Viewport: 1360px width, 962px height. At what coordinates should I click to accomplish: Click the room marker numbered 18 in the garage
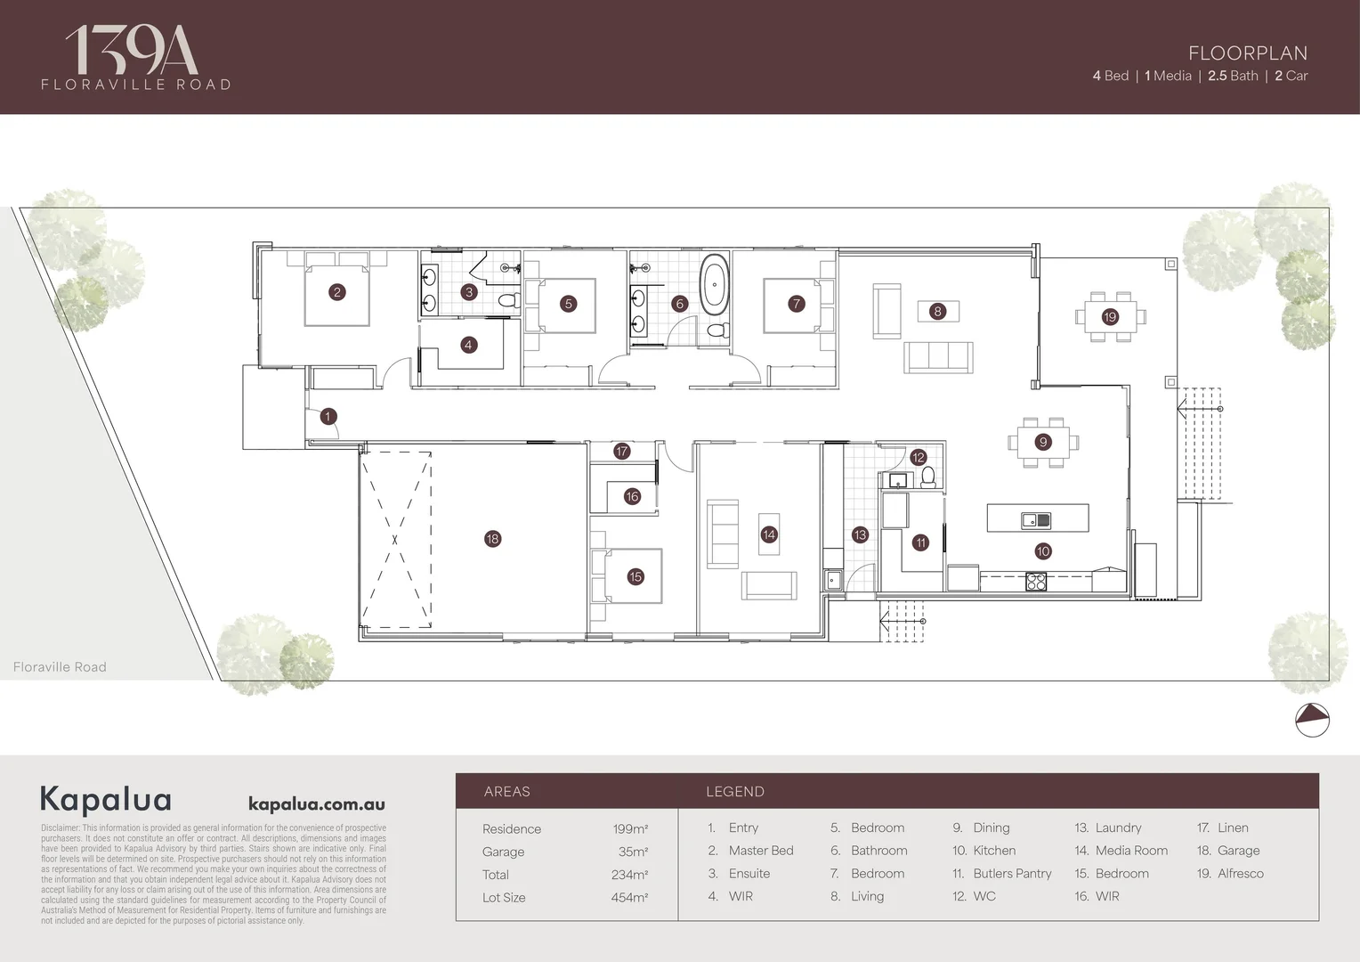tap(492, 539)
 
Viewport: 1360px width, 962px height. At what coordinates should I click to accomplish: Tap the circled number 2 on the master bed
tap(336, 292)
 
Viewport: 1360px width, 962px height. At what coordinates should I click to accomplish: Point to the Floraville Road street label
tap(60, 667)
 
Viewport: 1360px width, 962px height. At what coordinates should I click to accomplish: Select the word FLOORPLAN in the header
tap(1248, 53)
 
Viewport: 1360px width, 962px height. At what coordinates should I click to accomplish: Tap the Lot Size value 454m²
tap(628, 898)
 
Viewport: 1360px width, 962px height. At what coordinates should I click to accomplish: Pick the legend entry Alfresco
tap(1240, 874)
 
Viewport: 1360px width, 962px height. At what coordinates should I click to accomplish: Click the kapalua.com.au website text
tap(316, 803)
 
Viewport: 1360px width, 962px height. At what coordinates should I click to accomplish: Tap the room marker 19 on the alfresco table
tap(1110, 317)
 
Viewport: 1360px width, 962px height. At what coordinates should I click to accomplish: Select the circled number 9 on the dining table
tap(1043, 442)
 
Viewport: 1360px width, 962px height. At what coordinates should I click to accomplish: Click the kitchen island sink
tap(1036, 520)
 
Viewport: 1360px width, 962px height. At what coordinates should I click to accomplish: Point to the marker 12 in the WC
tap(919, 458)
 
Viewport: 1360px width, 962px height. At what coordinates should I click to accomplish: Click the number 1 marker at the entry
tap(328, 416)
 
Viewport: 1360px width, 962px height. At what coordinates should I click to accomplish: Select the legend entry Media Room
tap(1131, 851)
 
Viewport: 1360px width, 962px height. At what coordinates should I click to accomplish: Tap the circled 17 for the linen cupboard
tap(621, 452)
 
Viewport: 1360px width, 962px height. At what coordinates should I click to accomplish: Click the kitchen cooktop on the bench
tap(1038, 582)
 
